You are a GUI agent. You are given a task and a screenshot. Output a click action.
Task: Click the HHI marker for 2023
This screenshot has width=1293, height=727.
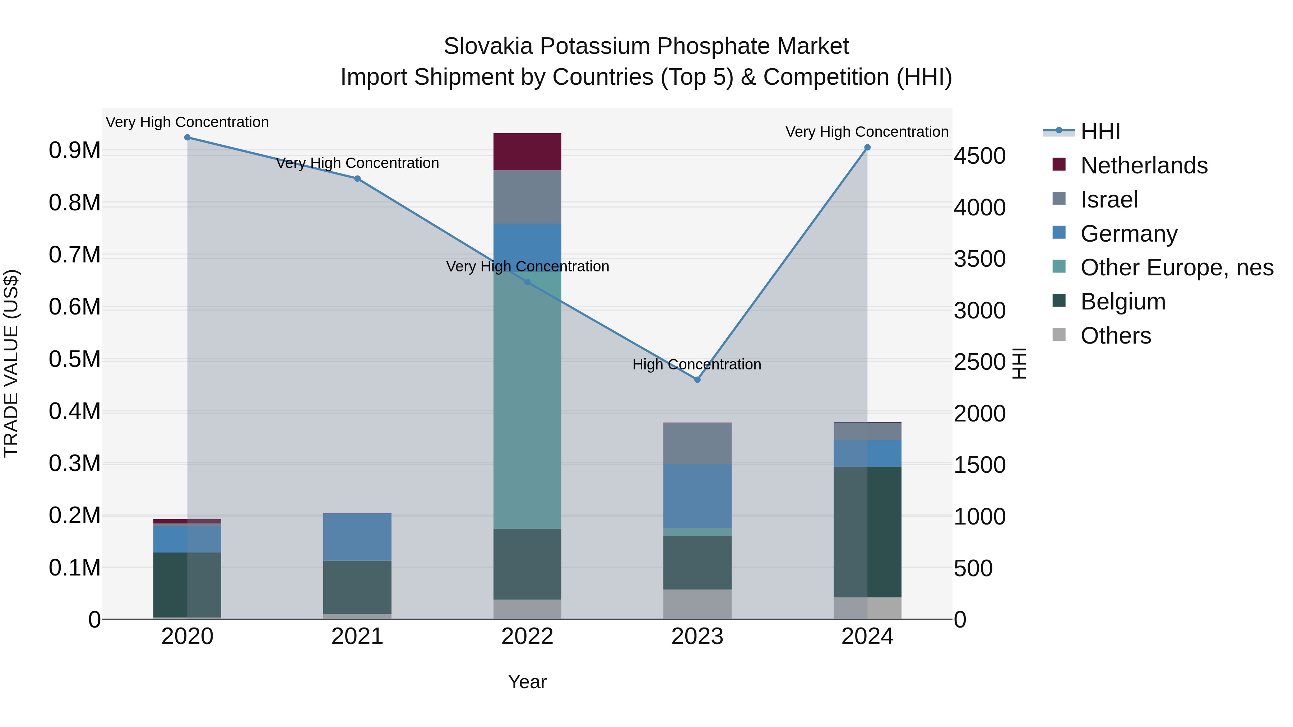coord(697,380)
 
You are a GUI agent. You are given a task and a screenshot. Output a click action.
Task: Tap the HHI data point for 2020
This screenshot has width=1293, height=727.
coord(187,138)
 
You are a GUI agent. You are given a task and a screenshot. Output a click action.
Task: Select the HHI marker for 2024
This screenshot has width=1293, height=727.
coord(867,148)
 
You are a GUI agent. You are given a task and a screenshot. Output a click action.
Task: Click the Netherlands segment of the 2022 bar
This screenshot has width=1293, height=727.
coord(527,152)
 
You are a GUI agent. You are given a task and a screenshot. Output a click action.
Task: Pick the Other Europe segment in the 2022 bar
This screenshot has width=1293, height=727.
coord(527,401)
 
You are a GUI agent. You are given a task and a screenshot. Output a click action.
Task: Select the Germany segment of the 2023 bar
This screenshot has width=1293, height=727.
coord(697,496)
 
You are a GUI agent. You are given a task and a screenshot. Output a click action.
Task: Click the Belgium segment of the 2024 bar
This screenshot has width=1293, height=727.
coord(867,532)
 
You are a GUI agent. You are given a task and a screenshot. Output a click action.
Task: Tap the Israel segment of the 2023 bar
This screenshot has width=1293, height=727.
coord(697,443)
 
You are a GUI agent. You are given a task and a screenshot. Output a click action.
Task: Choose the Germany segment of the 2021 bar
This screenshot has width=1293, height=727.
coord(357,537)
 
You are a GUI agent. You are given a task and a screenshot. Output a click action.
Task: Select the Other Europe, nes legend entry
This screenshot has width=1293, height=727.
coord(1177,268)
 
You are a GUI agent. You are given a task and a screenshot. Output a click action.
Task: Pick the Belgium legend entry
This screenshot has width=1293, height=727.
coord(1123,302)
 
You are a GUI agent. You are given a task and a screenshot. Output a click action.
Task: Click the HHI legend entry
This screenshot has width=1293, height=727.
coord(1100,131)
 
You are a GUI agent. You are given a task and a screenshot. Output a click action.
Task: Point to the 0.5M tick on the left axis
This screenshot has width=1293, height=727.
coord(75,359)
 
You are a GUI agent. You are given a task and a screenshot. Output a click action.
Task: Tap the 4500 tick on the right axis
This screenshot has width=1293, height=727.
coord(980,156)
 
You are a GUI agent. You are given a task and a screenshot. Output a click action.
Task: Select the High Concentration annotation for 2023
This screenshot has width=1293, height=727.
coord(697,364)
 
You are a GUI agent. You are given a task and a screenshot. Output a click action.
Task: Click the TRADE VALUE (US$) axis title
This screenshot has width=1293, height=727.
coord(11,363)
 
